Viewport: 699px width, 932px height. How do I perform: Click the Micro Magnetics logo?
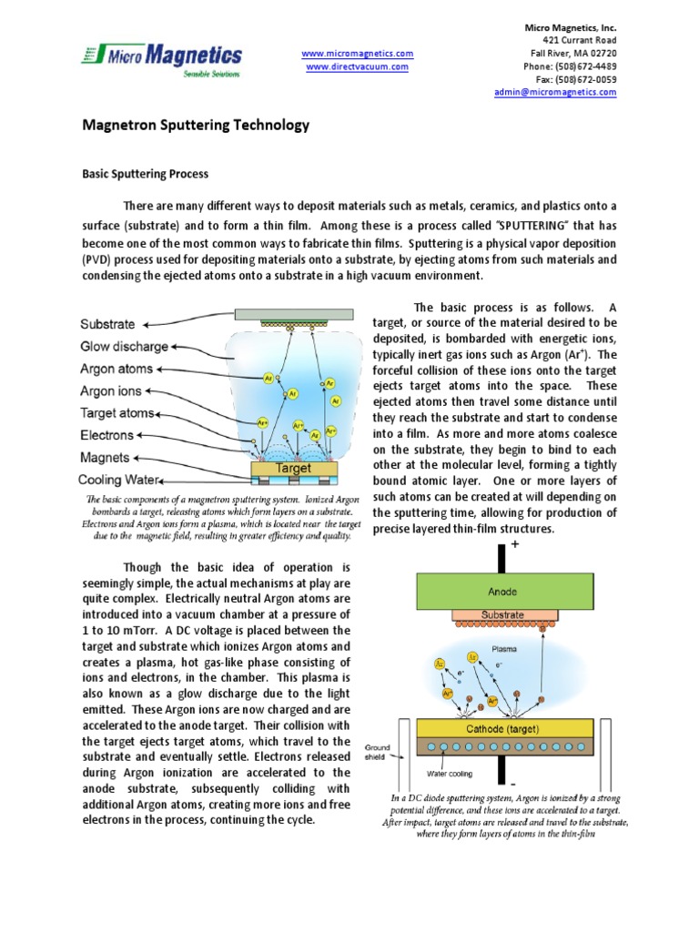[x=161, y=58]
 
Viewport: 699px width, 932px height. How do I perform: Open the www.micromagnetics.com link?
[x=357, y=54]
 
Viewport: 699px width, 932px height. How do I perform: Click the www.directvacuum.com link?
[x=357, y=67]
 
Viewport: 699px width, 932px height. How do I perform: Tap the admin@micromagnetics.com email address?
[x=555, y=93]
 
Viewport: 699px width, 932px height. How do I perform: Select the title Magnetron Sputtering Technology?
[x=197, y=126]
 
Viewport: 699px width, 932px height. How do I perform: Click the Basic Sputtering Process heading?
[x=147, y=174]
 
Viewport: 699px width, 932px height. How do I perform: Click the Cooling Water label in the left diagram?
[x=119, y=480]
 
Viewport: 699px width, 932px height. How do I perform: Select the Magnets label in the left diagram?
[x=105, y=458]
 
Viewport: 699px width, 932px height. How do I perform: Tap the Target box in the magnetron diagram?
[x=293, y=469]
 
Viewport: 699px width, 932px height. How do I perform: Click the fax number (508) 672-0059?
[x=582, y=79]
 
